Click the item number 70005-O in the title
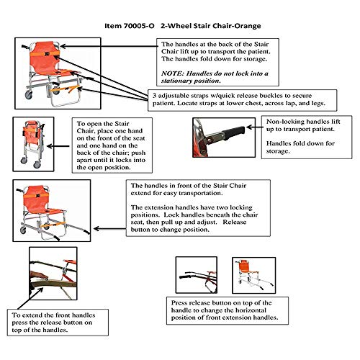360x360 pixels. [x=139, y=26]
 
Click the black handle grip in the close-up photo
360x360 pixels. [x=234, y=132]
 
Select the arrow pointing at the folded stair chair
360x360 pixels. [x=58, y=146]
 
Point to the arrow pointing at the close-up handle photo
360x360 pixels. [x=254, y=127]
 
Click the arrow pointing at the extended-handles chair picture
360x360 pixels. [x=109, y=229]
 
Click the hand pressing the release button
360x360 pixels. [x=38, y=275]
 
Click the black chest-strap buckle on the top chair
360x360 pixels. [x=48, y=54]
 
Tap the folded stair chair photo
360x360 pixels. [x=33, y=144]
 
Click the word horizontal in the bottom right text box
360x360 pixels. [x=251, y=310]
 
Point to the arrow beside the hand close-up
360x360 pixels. [x=30, y=298]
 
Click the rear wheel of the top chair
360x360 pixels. [x=29, y=95]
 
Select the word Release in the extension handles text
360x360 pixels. [x=235, y=222]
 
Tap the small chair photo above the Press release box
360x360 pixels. [x=254, y=275]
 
